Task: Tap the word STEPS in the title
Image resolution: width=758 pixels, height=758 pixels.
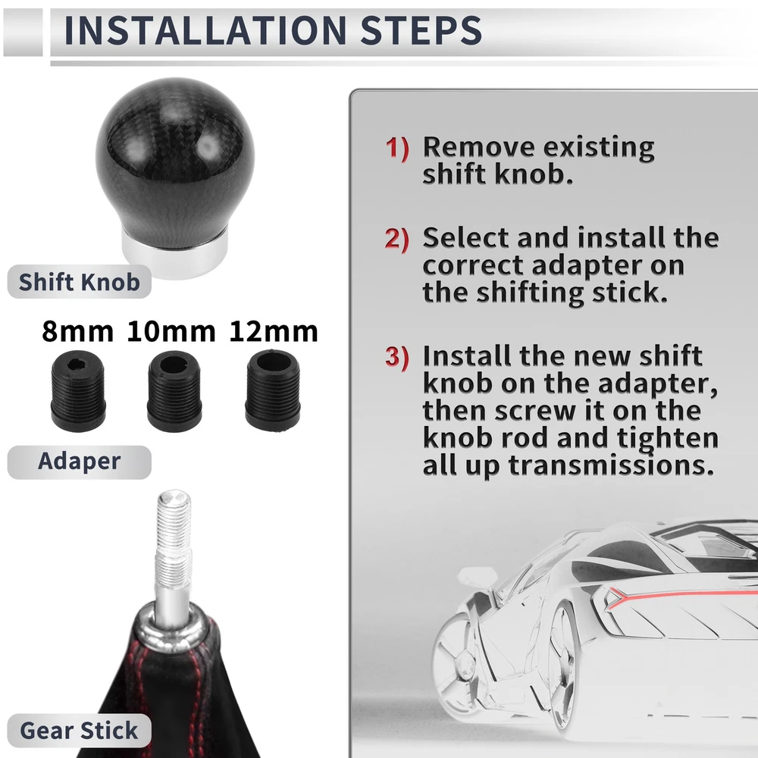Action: tap(421, 30)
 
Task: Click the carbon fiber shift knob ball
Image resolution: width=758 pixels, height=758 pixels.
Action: tap(175, 162)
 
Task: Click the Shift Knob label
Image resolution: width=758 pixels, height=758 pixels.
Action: tap(80, 281)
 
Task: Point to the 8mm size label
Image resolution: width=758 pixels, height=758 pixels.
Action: tap(78, 332)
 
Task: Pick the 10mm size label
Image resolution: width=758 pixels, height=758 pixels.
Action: tap(171, 332)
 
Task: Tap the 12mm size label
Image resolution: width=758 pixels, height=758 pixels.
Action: tap(274, 332)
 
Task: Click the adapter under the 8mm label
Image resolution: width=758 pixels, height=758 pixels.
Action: tap(78, 390)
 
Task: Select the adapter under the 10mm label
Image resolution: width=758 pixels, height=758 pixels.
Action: tap(174, 390)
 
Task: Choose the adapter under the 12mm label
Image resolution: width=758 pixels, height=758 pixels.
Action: tap(273, 390)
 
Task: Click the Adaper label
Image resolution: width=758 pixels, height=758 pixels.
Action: tap(80, 462)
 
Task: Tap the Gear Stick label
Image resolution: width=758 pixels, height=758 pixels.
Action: tap(80, 730)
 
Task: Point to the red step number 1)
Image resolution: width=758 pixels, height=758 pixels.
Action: tap(397, 149)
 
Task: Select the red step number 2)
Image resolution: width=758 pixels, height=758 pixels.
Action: tap(397, 240)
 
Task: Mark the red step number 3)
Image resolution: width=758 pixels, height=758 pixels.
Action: tap(397, 357)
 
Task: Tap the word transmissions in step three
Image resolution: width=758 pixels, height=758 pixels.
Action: tap(611, 465)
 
